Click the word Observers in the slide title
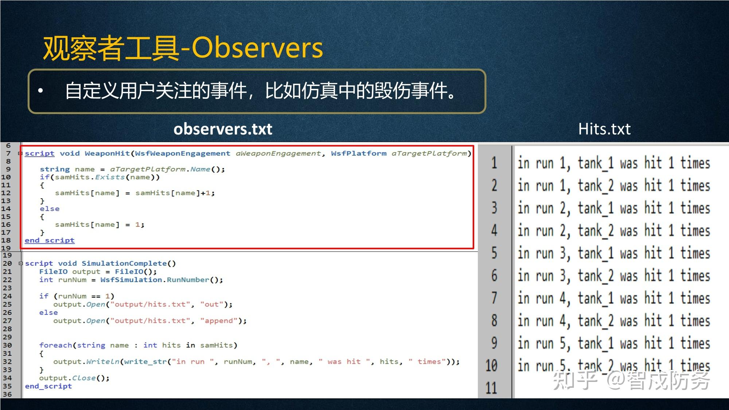coord(257,48)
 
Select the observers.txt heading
coord(223,129)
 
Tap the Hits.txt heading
coord(604,129)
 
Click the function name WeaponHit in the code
coord(107,153)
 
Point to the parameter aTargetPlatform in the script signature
coord(429,153)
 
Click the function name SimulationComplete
coord(124,263)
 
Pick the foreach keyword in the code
coord(56,345)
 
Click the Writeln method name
coord(103,362)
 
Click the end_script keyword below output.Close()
coord(48,386)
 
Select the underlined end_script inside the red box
coord(50,241)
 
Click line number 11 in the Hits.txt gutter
coord(491,388)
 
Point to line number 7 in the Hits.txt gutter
coord(494,298)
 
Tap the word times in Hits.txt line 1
coord(695,163)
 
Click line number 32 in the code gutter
coord(7,362)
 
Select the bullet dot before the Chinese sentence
coord(40,91)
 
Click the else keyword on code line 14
coord(50,209)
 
